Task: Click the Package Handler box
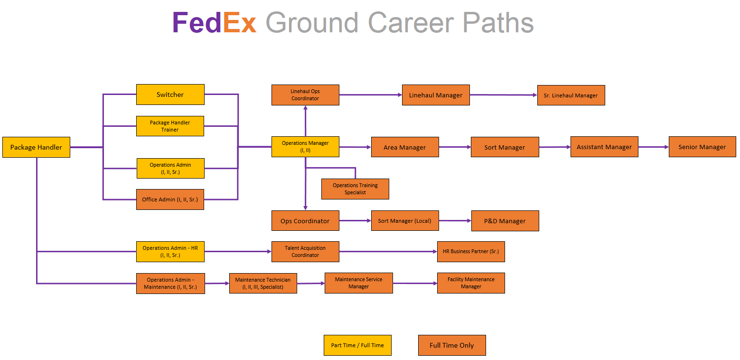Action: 36,147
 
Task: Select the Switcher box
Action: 170,95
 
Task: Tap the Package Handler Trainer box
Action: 170,126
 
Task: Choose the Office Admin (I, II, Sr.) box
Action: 170,199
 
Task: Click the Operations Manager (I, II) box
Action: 305,147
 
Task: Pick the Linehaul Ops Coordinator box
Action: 305,95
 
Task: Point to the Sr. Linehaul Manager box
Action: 571,95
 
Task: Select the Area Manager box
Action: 405,147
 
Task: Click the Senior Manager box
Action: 702,147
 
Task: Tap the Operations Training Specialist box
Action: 355,189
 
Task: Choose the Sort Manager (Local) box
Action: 405,221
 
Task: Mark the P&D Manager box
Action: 505,221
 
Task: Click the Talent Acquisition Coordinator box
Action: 305,252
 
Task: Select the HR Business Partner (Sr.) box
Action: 471,252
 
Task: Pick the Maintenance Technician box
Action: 263,284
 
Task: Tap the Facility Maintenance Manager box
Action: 471,283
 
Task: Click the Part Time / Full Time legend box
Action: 357,345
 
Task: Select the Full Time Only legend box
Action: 452,345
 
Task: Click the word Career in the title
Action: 411,23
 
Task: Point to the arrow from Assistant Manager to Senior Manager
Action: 654,147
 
